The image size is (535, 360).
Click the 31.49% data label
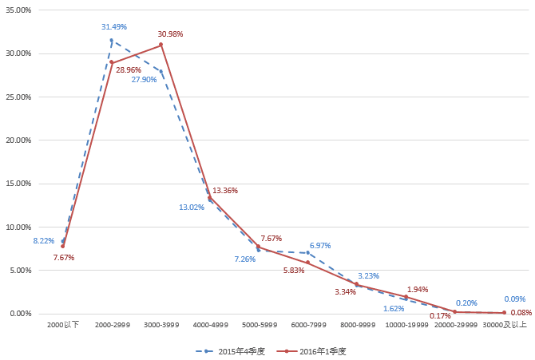pos(113,27)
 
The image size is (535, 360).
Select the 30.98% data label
pos(171,34)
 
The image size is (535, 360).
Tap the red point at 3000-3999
pos(160,45)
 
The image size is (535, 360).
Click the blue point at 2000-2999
pos(112,41)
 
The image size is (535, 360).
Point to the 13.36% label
pos(225,191)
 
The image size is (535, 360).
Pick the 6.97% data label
pos(320,246)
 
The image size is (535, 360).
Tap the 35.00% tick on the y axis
pos(18,10)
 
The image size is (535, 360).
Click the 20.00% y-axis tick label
pos(18,140)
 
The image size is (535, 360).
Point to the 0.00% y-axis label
pos(21,314)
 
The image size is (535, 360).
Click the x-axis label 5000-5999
pos(258,326)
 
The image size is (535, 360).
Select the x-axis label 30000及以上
pos(504,326)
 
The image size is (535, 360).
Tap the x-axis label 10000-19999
pos(406,326)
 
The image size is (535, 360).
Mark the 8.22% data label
pos(43,241)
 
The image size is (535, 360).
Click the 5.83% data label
pos(293,271)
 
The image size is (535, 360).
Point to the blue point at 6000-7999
pos(307,253)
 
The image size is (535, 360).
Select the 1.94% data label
pos(418,290)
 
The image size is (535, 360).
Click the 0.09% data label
pos(515,299)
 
